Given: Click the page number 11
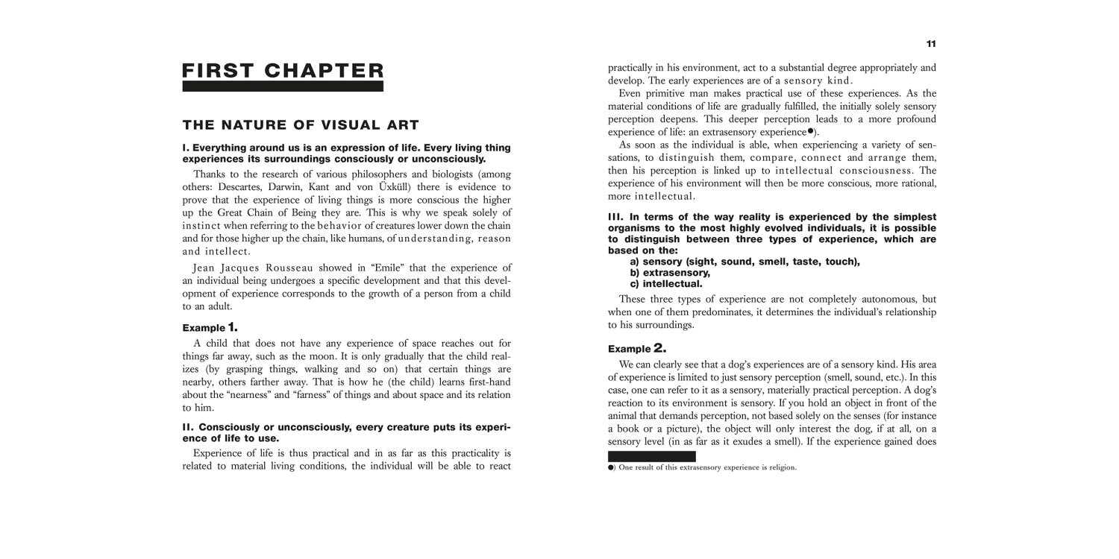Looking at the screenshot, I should click(x=931, y=44).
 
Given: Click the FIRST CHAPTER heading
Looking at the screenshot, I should click(x=283, y=71).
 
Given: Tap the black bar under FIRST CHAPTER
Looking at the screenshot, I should click(x=283, y=86).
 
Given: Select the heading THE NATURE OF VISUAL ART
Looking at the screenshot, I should click(x=301, y=124).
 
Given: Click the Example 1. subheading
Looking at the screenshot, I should click(x=210, y=327).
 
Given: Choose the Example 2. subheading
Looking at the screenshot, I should click(x=636, y=348).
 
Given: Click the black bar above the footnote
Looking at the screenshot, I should click(x=651, y=456).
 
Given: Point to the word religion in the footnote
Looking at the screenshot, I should click(x=780, y=468).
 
